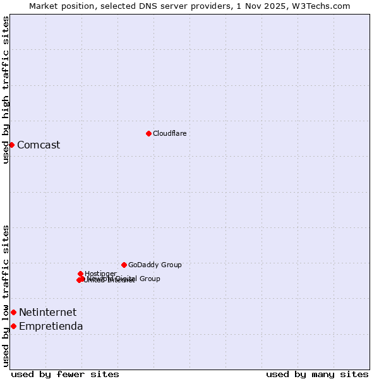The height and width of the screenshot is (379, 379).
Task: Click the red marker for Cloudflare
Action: coord(148,133)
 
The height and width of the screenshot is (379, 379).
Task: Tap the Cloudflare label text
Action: coord(169,133)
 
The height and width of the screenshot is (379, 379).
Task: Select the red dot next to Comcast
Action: coord(11,145)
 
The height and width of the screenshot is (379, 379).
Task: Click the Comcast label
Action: coord(39,145)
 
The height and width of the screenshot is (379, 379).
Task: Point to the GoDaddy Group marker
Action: coord(124,265)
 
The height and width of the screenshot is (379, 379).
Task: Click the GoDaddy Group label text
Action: coord(155,265)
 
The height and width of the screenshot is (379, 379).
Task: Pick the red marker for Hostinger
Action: coord(80,274)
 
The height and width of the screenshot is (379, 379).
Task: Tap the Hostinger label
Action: coord(100,274)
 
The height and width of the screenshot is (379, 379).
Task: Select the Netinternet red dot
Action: coord(13,312)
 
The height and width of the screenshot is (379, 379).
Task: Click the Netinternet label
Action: coord(47,312)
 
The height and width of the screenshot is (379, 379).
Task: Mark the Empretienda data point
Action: coord(13,326)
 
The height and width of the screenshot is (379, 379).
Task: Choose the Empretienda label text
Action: coord(51,326)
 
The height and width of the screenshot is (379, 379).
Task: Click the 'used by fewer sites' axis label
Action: coord(65,374)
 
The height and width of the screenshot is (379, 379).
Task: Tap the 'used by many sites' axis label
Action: coord(317,374)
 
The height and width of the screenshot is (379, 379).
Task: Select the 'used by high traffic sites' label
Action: coord(6,90)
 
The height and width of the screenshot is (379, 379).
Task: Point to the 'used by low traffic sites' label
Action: coord(6,296)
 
